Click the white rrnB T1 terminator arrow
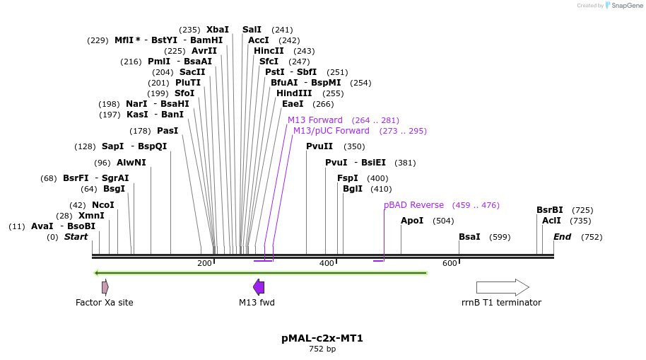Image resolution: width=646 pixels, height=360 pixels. tap(503, 287)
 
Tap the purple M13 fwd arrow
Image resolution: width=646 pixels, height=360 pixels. tap(259, 286)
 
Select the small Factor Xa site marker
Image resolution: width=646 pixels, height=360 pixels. tap(105, 287)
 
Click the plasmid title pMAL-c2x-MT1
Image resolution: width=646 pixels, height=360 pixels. tap(322, 338)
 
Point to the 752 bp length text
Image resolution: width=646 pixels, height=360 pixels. tap(322, 349)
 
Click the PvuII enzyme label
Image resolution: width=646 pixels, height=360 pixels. tap(319, 146)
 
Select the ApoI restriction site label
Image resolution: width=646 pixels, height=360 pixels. tap(412, 221)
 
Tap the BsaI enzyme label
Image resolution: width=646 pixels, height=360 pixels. tap(469, 237)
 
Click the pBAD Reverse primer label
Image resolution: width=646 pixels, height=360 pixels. tap(413, 205)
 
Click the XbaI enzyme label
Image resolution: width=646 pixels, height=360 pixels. tap(218, 30)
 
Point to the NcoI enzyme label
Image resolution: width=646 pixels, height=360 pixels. tap(103, 205)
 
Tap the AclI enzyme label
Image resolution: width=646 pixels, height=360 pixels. tap(551, 221)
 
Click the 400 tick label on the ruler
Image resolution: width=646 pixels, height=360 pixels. tap(327, 264)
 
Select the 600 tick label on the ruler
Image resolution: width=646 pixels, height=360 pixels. tap(450, 264)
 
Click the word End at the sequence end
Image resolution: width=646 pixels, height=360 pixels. tap(562, 237)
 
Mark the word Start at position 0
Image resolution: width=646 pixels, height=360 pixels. tap(76, 237)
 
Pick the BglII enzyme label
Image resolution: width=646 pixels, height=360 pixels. tap(353, 189)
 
